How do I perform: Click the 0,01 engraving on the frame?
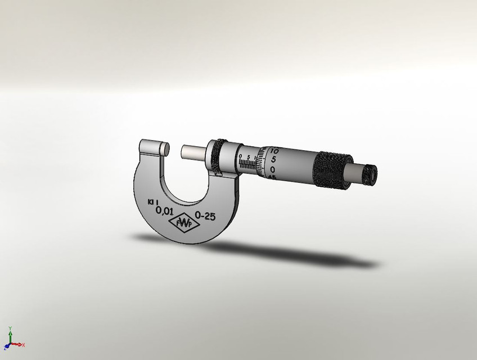(164, 211)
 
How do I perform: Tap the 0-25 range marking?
(205, 216)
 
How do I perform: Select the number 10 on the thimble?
(274, 151)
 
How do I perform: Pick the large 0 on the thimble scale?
(273, 169)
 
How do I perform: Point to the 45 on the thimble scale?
(272, 177)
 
